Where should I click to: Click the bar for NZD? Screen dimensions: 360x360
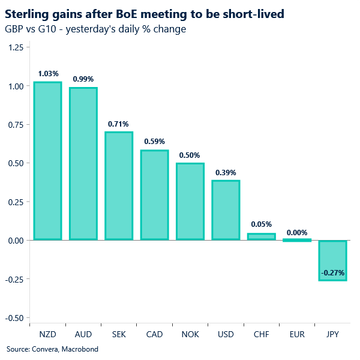(x=47, y=161)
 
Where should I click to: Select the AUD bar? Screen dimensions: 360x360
(x=83, y=164)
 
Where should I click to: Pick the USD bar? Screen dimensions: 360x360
(x=226, y=210)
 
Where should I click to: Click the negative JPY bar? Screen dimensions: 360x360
(x=332, y=260)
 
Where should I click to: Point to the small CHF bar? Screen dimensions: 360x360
(x=261, y=236)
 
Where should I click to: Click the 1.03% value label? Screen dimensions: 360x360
(x=47, y=74)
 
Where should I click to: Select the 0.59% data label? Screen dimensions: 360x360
(x=154, y=142)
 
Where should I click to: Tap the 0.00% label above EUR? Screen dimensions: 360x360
(x=297, y=233)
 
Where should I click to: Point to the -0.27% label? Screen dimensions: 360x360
(x=332, y=273)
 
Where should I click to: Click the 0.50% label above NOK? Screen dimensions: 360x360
(x=190, y=155)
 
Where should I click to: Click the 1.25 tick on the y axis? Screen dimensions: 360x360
(x=15, y=47)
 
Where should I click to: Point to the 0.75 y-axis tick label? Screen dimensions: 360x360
(x=15, y=125)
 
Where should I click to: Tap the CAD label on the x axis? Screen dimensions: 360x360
(x=154, y=333)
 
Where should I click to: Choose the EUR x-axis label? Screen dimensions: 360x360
(x=297, y=333)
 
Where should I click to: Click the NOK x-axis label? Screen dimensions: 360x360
(x=190, y=333)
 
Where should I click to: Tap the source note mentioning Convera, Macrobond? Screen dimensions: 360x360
(x=52, y=349)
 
